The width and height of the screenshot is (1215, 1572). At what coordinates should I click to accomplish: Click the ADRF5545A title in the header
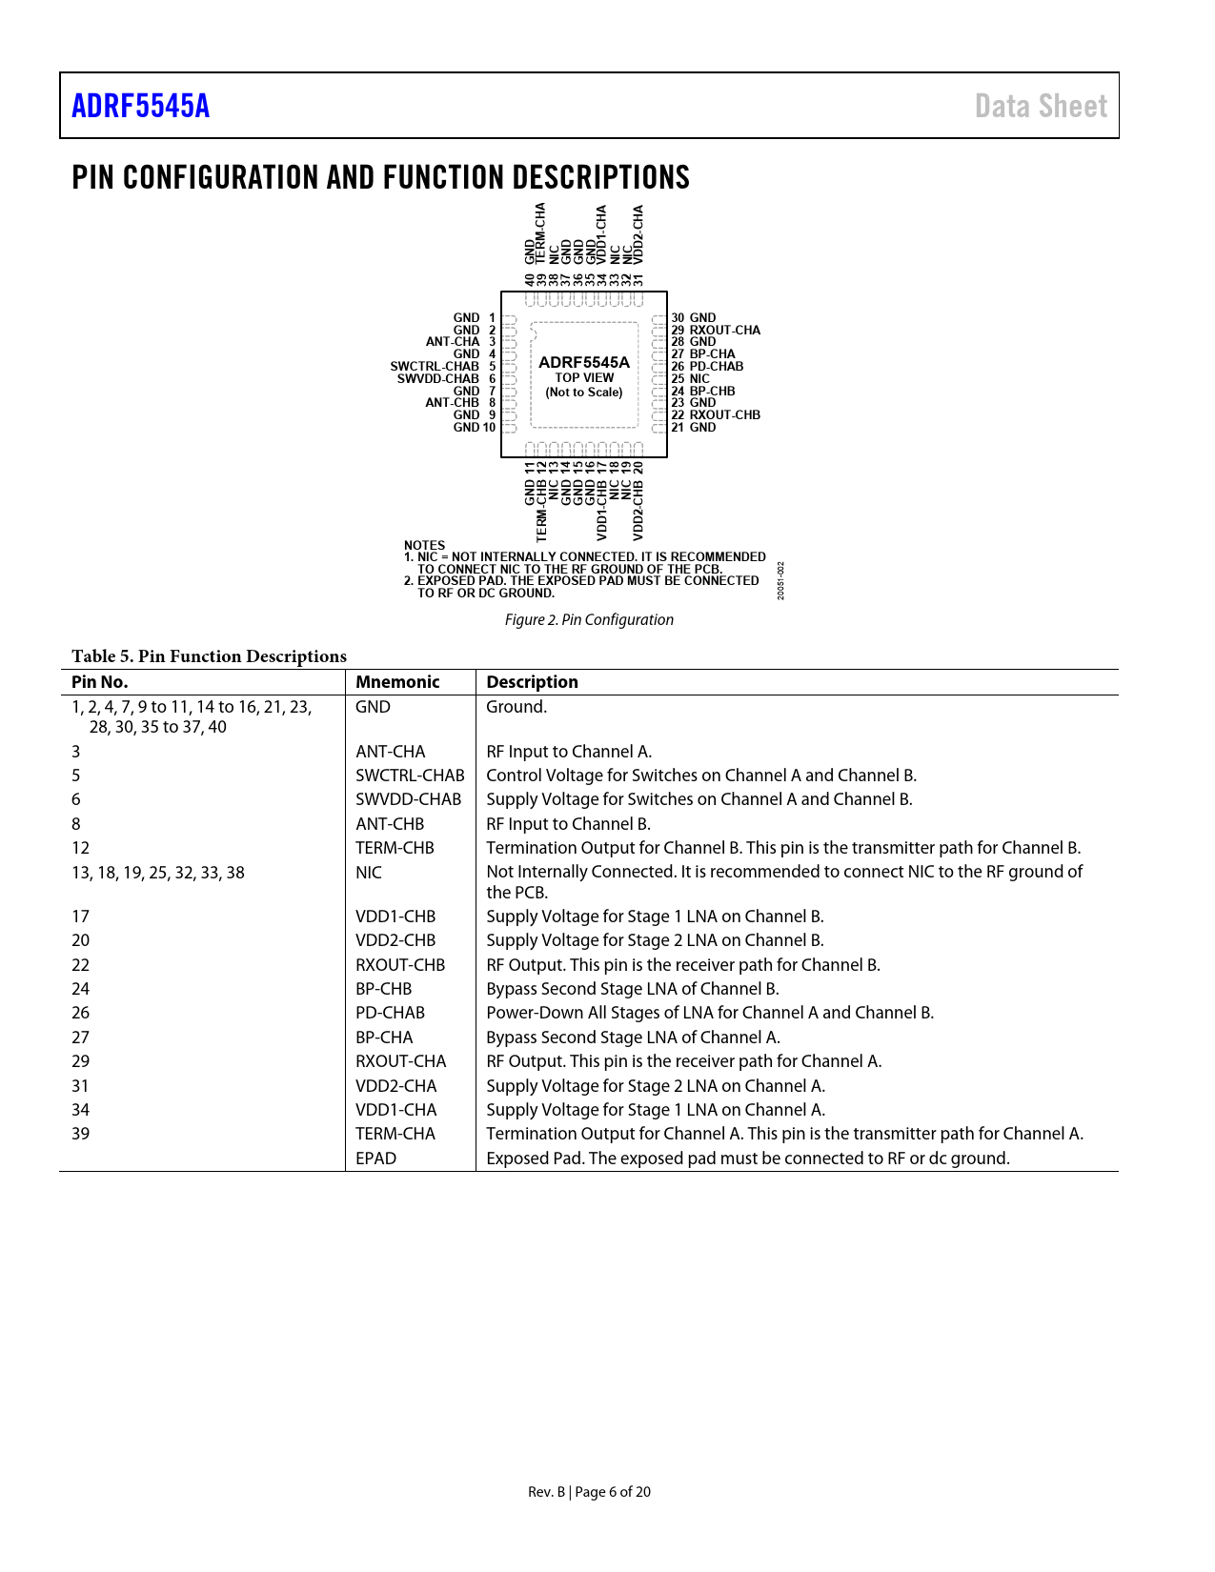140,106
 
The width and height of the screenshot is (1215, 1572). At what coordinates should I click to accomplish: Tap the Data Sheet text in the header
1041,106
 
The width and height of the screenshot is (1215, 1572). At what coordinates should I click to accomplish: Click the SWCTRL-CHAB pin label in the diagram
435,367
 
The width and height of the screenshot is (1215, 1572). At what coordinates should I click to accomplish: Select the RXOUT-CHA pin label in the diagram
725,331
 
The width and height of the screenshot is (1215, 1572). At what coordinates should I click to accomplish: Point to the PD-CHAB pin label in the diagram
717,367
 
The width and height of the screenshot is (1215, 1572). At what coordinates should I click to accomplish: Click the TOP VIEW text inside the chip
584,378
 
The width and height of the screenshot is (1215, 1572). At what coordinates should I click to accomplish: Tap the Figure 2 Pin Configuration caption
589,620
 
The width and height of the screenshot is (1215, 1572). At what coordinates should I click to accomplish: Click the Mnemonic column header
397,682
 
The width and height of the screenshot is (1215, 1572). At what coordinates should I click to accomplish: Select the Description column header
532,682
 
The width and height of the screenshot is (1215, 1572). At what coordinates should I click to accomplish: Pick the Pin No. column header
99,682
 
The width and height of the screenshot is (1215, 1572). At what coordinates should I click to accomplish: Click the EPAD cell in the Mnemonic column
375,1159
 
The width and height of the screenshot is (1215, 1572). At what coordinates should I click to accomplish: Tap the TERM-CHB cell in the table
395,848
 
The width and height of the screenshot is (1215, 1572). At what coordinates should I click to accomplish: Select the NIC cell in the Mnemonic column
368,873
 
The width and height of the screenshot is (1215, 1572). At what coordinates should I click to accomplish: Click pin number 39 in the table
80,1134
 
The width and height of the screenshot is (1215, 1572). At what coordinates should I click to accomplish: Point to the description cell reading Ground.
516,707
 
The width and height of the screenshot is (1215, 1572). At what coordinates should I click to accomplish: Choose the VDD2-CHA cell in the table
395,1086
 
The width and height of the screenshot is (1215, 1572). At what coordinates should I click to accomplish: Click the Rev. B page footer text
589,1492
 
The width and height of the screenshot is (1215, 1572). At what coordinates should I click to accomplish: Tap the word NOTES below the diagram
424,546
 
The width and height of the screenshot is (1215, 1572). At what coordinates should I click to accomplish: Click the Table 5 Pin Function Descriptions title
209,656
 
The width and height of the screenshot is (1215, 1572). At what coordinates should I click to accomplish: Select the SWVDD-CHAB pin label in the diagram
438,379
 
